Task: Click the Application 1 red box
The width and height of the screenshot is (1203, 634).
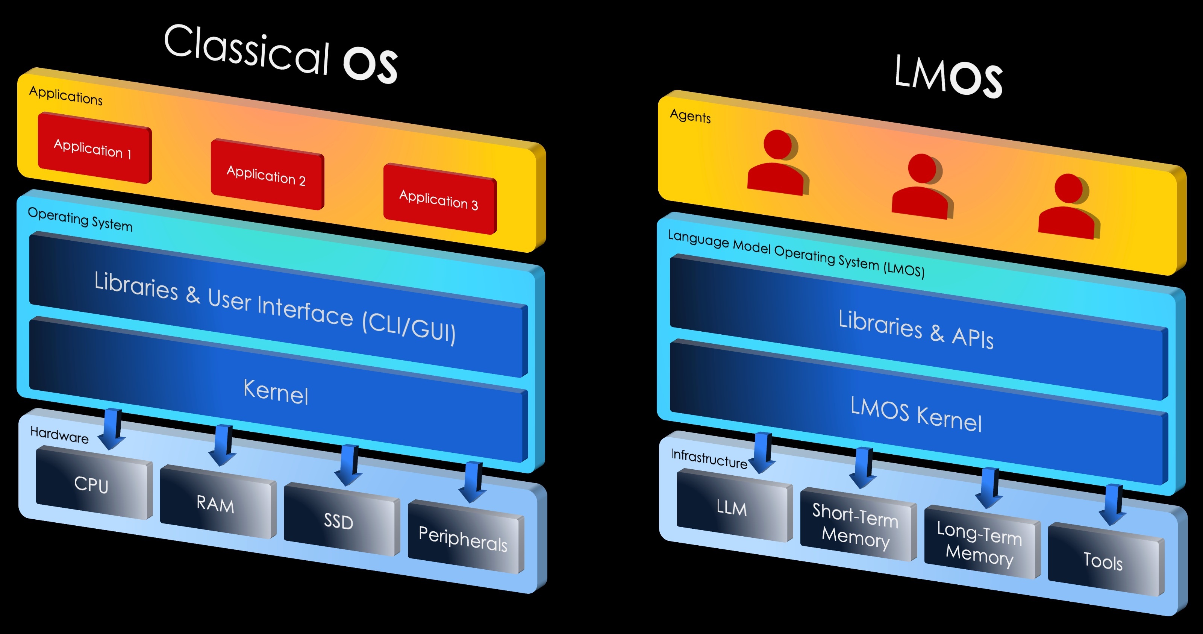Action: click(93, 148)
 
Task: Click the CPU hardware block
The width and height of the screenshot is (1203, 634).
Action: click(92, 484)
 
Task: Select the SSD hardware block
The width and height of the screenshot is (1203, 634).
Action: click(339, 520)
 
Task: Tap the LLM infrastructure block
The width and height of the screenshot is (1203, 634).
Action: click(732, 507)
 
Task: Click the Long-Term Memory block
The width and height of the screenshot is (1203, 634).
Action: click(980, 543)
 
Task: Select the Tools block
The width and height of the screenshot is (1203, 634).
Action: click(1103, 560)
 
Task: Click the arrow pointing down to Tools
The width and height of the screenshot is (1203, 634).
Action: click(1113, 505)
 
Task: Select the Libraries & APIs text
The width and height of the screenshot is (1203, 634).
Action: click(916, 329)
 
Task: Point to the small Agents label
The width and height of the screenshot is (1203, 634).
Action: click(690, 115)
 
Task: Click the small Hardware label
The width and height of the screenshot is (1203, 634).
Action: click(59, 434)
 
